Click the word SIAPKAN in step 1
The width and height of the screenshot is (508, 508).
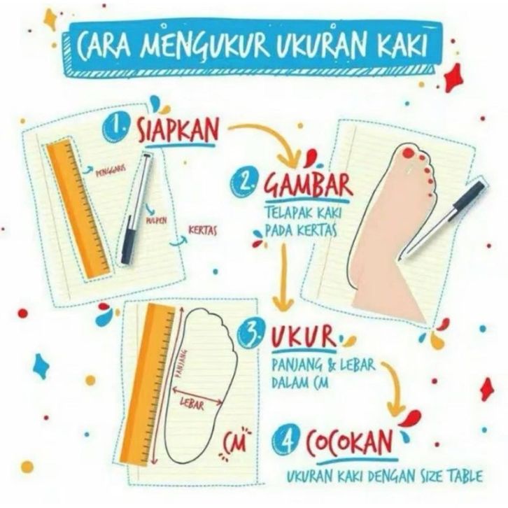coord(177,130)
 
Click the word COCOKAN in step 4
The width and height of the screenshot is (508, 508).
coord(349,442)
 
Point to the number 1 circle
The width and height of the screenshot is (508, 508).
coord(116,128)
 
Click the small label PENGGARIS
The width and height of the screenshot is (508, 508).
coord(111,171)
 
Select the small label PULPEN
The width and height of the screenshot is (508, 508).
coord(157,221)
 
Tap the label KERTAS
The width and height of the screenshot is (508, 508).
coord(203,231)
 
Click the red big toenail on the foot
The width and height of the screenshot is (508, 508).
coord(408,153)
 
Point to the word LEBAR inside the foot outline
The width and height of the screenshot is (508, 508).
coord(192,404)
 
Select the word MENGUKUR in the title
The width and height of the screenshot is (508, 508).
coord(205,46)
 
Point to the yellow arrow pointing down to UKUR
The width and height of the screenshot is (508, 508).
coord(283,276)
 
